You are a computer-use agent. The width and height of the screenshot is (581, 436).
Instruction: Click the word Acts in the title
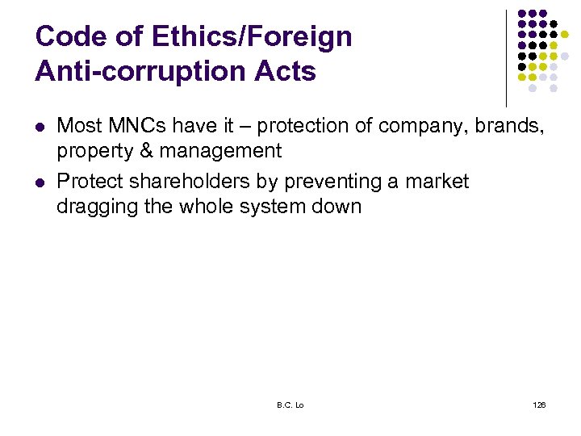tap(284, 72)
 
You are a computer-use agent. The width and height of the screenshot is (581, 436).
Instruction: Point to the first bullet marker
tap(40, 127)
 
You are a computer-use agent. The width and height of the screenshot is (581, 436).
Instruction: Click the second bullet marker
tap(40, 182)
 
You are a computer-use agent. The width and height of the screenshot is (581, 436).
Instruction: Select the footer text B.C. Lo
tap(290, 405)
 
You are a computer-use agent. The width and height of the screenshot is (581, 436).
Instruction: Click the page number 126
tap(539, 405)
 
